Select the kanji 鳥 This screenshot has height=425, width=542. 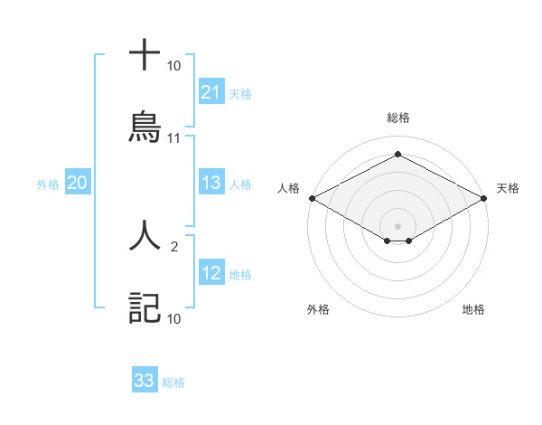145,127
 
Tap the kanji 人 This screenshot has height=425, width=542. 145,234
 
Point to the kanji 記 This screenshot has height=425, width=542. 145,307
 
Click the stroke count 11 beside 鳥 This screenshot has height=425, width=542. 174,138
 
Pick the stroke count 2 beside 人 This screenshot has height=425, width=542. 174,245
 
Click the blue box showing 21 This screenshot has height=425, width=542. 211,91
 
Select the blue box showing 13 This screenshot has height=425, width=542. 211,183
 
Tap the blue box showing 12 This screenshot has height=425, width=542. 211,274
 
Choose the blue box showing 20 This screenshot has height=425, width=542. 77,183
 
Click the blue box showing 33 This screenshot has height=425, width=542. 145,381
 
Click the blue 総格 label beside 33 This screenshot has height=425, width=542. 173,382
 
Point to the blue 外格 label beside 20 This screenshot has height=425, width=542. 48,184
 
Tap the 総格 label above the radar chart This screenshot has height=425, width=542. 397,118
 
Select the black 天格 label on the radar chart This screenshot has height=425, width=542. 509,188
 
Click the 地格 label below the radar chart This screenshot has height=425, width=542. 473,309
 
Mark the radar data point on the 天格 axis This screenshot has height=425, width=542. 485,198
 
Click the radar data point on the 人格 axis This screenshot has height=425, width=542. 311,198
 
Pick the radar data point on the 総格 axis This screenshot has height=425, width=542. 397,155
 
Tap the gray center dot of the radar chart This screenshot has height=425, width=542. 397,225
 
